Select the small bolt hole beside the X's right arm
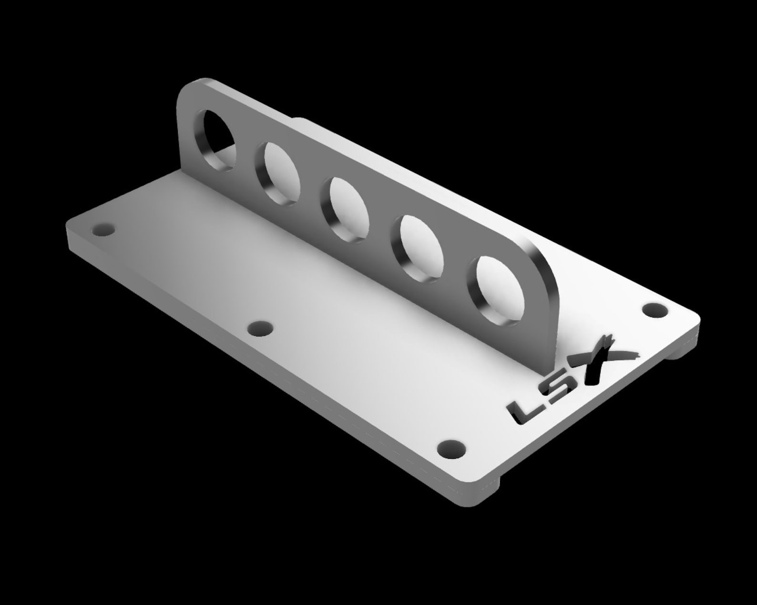655,309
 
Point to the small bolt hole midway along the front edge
261,328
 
